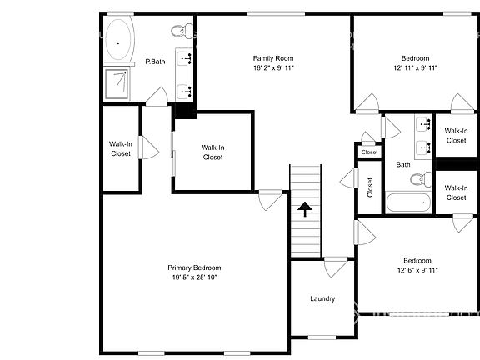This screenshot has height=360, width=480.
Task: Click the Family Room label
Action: (x=273, y=58)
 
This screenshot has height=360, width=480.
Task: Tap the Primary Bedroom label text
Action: (x=196, y=267)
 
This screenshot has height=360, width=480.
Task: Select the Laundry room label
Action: (x=322, y=298)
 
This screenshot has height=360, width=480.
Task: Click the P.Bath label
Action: (x=153, y=62)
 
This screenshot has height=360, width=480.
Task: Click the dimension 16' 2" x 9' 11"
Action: (x=273, y=69)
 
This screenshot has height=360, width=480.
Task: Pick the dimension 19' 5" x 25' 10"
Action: (x=196, y=278)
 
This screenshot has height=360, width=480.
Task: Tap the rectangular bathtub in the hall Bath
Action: (x=407, y=202)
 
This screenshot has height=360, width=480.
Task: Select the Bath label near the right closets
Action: (x=402, y=164)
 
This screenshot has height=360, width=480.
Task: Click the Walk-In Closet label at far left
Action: (x=120, y=148)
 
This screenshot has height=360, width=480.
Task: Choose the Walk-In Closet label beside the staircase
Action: (x=212, y=152)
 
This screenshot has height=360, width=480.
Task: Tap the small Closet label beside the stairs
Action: (x=370, y=187)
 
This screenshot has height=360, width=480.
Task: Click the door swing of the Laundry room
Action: (x=336, y=267)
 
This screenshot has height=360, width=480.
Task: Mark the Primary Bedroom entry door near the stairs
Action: (x=270, y=200)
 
